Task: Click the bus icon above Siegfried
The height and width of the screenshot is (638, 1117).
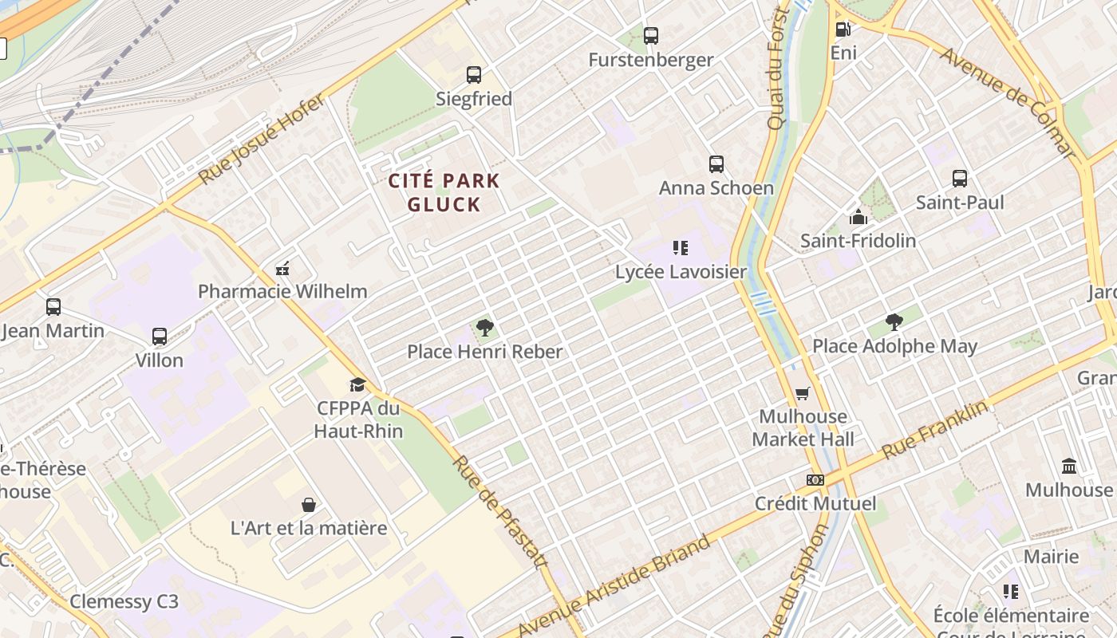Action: point(474,75)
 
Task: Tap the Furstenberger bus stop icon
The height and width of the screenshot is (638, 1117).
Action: point(651,36)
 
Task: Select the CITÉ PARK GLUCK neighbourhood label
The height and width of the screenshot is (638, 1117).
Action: point(444,193)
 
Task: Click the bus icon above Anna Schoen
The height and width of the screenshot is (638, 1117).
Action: point(716,164)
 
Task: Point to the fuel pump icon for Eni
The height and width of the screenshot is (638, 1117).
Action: point(843,30)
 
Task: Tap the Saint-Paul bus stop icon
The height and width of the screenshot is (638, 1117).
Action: point(960,179)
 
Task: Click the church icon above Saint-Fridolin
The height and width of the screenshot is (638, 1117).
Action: point(858,217)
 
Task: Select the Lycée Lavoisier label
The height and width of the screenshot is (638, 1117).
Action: point(681,272)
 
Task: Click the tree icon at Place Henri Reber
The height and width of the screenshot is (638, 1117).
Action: point(484,327)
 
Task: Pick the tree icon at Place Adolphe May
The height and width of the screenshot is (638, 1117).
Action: point(894,322)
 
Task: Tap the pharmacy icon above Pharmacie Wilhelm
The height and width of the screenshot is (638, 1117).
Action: point(282,268)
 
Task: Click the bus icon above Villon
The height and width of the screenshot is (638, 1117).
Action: point(160,337)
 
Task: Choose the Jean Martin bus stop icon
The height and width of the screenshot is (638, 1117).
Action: point(53,307)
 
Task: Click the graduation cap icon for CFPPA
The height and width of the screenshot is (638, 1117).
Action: point(357,384)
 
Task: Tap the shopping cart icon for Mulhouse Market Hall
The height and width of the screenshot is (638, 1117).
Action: point(803,393)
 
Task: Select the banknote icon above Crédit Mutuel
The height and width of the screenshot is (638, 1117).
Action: point(815,480)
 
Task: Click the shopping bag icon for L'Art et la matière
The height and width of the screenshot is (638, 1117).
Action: point(309,505)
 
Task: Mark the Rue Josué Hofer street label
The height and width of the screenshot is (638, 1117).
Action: point(262,140)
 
